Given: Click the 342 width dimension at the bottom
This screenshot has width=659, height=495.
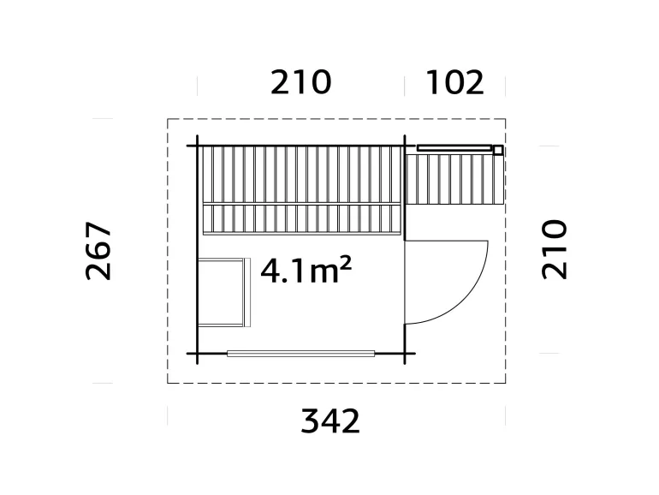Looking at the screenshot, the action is click(330, 420).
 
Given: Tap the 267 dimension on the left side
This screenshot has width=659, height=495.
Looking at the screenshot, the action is click(98, 251).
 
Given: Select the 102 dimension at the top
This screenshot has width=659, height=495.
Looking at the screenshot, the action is click(454, 82).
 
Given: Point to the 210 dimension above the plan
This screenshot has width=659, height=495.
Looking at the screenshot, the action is click(301, 82).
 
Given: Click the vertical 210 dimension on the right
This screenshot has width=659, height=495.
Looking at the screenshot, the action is click(554, 249).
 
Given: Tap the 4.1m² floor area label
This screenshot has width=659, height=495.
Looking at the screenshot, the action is click(306, 270).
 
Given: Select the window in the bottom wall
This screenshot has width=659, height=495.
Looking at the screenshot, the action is click(301, 354).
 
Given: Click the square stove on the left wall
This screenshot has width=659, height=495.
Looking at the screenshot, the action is click(223, 292).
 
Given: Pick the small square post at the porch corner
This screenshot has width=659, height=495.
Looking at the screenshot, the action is click(497, 150).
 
